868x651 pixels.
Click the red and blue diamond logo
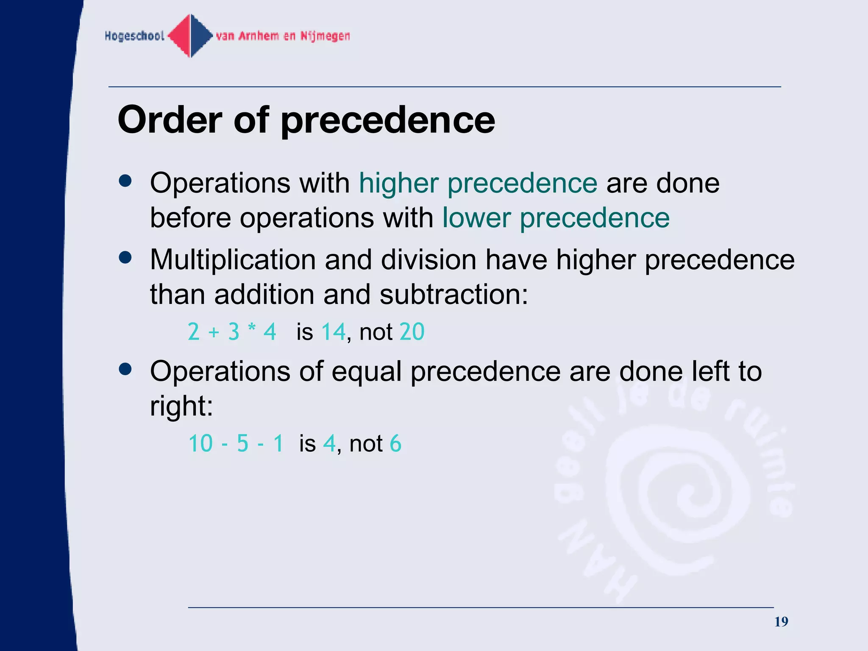pyautogui.click(x=191, y=36)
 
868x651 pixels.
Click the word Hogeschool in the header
pyautogui.click(x=134, y=36)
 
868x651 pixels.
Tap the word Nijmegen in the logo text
pyautogui.click(x=325, y=36)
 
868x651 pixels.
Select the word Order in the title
pyautogui.click(x=170, y=120)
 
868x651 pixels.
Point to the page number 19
pyautogui.click(x=781, y=622)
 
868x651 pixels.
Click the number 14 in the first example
pyautogui.click(x=334, y=331)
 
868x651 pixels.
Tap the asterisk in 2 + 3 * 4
pyautogui.click(x=252, y=329)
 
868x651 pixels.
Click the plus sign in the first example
pyautogui.click(x=214, y=332)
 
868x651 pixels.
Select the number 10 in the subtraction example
pyautogui.click(x=200, y=444)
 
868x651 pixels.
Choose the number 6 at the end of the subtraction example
pyautogui.click(x=395, y=444)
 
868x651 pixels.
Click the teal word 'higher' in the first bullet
pyautogui.click(x=398, y=184)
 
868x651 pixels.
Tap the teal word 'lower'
pyautogui.click(x=476, y=218)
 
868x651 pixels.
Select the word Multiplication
pyautogui.click(x=233, y=260)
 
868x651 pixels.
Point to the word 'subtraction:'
pyautogui.click(x=454, y=295)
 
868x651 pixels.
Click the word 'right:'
pyautogui.click(x=181, y=406)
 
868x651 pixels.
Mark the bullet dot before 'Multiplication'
pyautogui.click(x=125, y=257)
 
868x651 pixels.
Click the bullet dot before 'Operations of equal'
pyautogui.click(x=125, y=369)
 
